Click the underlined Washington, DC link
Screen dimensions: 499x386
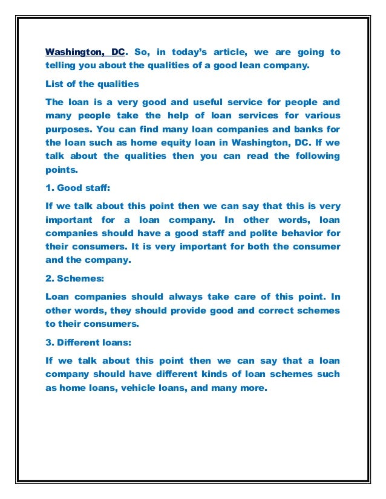click(85, 53)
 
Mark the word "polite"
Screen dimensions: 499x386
click(255, 233)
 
